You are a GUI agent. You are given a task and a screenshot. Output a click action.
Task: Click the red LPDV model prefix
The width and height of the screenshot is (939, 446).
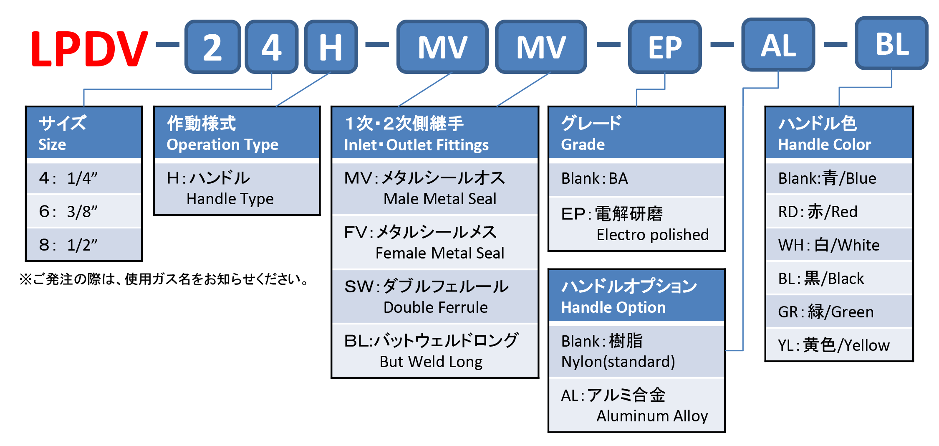tap(89, 48)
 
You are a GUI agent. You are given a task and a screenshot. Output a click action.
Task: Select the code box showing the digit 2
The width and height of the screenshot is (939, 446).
tap(212, 47)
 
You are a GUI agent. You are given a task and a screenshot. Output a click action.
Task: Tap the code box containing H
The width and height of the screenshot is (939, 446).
tap(331, 47)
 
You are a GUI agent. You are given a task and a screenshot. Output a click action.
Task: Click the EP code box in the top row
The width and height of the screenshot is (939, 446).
tap(665, 47)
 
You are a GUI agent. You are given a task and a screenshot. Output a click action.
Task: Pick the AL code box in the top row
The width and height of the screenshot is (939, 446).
tap(778, 45)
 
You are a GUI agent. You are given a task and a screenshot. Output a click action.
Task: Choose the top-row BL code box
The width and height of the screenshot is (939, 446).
tap(891, 43)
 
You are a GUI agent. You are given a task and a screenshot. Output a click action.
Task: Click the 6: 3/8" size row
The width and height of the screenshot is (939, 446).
tap(84, 211)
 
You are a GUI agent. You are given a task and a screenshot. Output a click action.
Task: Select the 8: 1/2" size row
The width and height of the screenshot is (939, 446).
tap(84, 245)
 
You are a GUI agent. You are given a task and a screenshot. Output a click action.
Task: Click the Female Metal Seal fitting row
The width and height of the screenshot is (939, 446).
tap(435, 243)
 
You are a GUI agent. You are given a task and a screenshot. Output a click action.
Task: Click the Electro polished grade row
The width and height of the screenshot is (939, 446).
tap(636, 224)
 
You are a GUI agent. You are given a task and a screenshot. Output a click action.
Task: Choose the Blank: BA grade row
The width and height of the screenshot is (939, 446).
tap(636, 178)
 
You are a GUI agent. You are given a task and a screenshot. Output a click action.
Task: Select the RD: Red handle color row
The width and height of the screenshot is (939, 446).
tap(839, 211)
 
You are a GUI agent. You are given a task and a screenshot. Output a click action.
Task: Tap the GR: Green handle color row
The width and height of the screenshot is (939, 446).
tap(839, 312)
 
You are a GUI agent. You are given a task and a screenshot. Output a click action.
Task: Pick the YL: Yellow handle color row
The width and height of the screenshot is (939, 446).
tap(839, 345)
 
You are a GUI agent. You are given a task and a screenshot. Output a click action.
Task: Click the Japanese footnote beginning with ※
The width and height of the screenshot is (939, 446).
tap(164, 279)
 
